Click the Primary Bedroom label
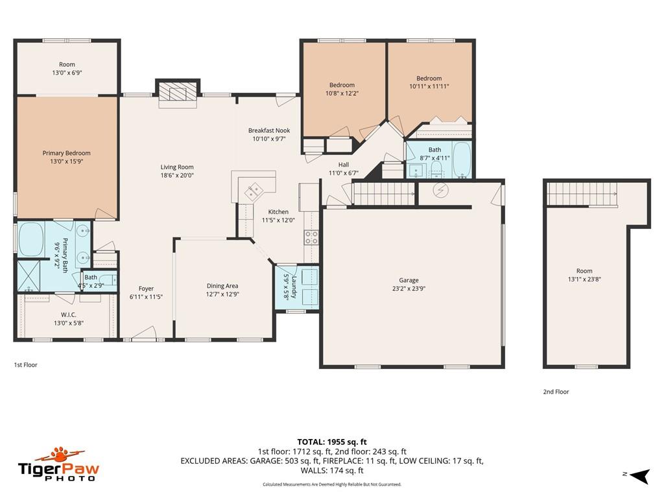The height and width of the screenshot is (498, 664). tap(67, 154)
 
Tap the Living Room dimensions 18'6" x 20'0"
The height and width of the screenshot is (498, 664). tap(177, 175)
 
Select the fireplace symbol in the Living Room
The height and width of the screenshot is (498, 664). tap(177, 93)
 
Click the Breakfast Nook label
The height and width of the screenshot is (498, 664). tap(269, 130)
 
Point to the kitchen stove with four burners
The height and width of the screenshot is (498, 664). tap(311, 237)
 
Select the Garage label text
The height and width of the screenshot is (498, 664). tap(409, 281)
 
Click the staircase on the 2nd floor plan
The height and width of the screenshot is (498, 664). tap(581, 193)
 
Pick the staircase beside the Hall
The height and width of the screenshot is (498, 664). tap(383, 193)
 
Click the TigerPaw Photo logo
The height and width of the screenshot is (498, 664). tap(58, 464)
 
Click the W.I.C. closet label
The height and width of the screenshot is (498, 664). tap(69, 314)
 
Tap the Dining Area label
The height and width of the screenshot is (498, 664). tap(222, 286)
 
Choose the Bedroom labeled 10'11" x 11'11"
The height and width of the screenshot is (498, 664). tap(429, 78)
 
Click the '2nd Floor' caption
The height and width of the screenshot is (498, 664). tap(556, 392)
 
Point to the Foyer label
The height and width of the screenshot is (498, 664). tap(147, 289)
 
